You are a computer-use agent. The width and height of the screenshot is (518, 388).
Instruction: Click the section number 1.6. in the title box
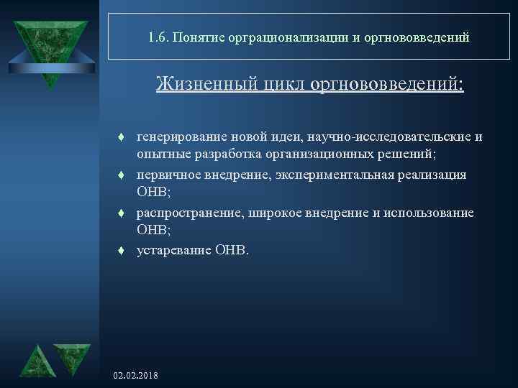pyautogui.click(x=158, y=37)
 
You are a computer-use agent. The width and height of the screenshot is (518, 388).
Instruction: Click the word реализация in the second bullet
pyautogui.click(x=432, y=175)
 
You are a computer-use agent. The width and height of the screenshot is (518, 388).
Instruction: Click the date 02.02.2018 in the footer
pyautogui.click(x=137, y=376)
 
